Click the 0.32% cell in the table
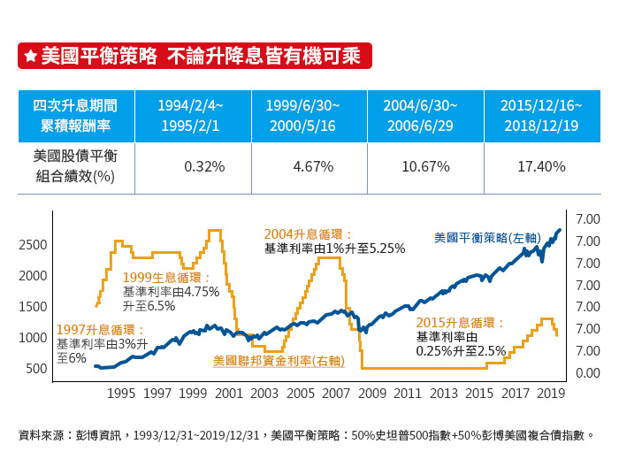point(203,165)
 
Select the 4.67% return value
point(312,165)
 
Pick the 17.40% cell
point(541,165)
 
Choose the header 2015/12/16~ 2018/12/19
point(540,115)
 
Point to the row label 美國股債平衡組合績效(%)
point(74,165)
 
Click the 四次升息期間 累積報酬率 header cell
point(75,115)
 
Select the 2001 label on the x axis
point(229,393)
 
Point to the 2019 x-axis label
point(552,393)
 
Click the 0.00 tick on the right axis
point(588,372)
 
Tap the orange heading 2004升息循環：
point(309,234)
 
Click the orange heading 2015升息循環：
point(461,323)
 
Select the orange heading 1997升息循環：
point(100,330)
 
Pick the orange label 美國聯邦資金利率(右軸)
point(279,361)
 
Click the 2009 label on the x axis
point(372,393)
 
